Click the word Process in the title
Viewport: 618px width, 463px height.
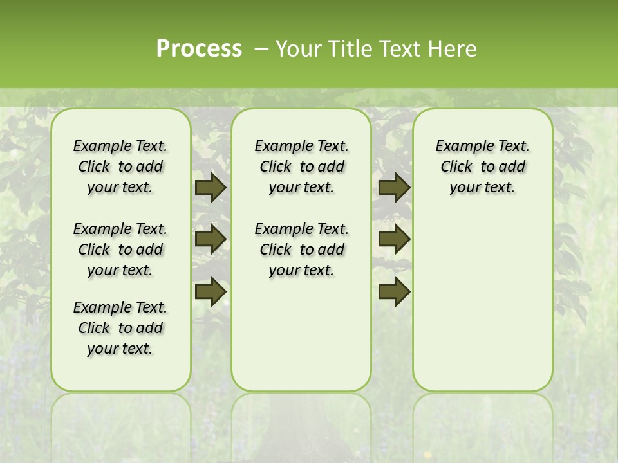199,49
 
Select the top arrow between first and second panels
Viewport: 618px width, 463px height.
211,187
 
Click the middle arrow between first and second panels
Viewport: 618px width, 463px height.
211,239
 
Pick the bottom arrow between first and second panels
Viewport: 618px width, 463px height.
211,292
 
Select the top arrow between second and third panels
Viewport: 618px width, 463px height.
394,187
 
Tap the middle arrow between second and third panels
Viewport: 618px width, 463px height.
394,239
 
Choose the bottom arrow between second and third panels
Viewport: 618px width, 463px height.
394,292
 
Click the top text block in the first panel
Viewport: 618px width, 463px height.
120,167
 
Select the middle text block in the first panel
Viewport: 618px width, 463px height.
120,250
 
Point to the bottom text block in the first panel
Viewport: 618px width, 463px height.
120,328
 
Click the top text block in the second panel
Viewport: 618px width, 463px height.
301,167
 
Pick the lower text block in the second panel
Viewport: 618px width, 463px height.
301,250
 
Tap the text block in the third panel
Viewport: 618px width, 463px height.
482,167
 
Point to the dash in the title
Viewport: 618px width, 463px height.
261,49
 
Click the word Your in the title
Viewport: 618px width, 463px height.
297,49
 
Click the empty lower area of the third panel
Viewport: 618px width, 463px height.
482,302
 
